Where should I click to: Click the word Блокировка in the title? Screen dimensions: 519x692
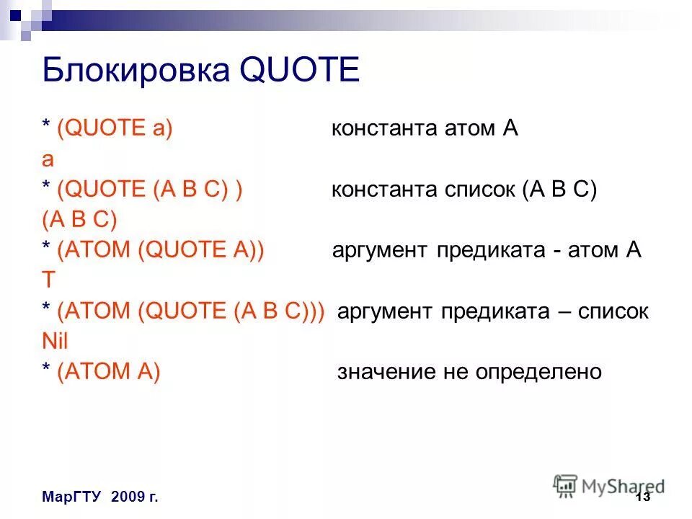pos(134,73)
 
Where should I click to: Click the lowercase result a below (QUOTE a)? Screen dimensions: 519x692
pos(48,160)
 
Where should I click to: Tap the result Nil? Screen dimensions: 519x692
pos(55,341)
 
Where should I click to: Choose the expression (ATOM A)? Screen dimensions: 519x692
pos(108,371)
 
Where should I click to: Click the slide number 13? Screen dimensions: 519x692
pos(643,498)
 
